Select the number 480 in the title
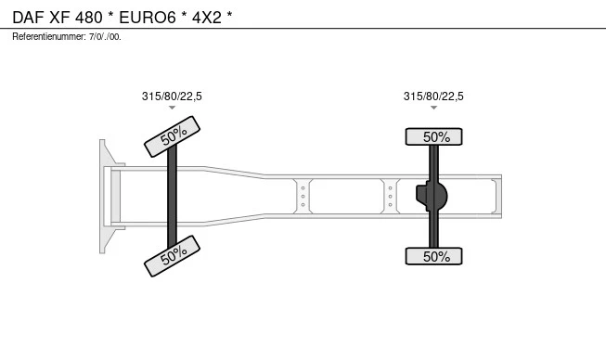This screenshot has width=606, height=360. pyautogui.click(x=89, y=18)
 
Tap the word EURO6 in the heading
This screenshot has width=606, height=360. pyautogui.click(x=148, y=18)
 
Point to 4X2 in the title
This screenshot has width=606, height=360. pyautogui.click(x=207, y=18)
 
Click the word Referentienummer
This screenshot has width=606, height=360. pyautogui.click(x=48, y=37)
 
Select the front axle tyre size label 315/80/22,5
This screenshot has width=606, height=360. pyautogui.click(x=172, y=96)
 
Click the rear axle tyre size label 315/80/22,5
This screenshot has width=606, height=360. pyautogui.click(x=433, y=96)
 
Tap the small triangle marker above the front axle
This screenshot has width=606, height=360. pyautogui.click(x=172, y=108)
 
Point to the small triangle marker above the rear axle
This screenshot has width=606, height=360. pyautogui.click(x=433, y=108)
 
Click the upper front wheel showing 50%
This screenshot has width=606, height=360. pyautogui.click(x=172, y=136)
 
